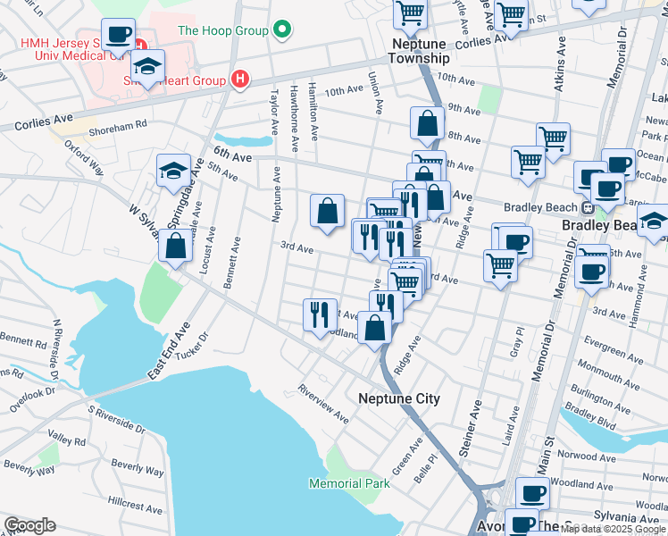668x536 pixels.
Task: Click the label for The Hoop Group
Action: (223, 30)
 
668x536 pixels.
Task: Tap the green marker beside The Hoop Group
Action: (282, 30)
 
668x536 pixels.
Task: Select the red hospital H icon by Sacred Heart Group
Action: (238, 80)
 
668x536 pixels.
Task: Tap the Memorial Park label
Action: (349, 483)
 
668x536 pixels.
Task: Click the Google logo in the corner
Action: (29, 525)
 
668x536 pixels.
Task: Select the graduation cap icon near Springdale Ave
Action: (173, 172)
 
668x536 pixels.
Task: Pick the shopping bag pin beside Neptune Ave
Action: (328, 212)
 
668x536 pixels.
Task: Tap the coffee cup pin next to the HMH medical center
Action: (118, 36)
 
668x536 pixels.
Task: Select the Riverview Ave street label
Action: (323, 404)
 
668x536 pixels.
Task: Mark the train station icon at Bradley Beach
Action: (589, 208)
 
